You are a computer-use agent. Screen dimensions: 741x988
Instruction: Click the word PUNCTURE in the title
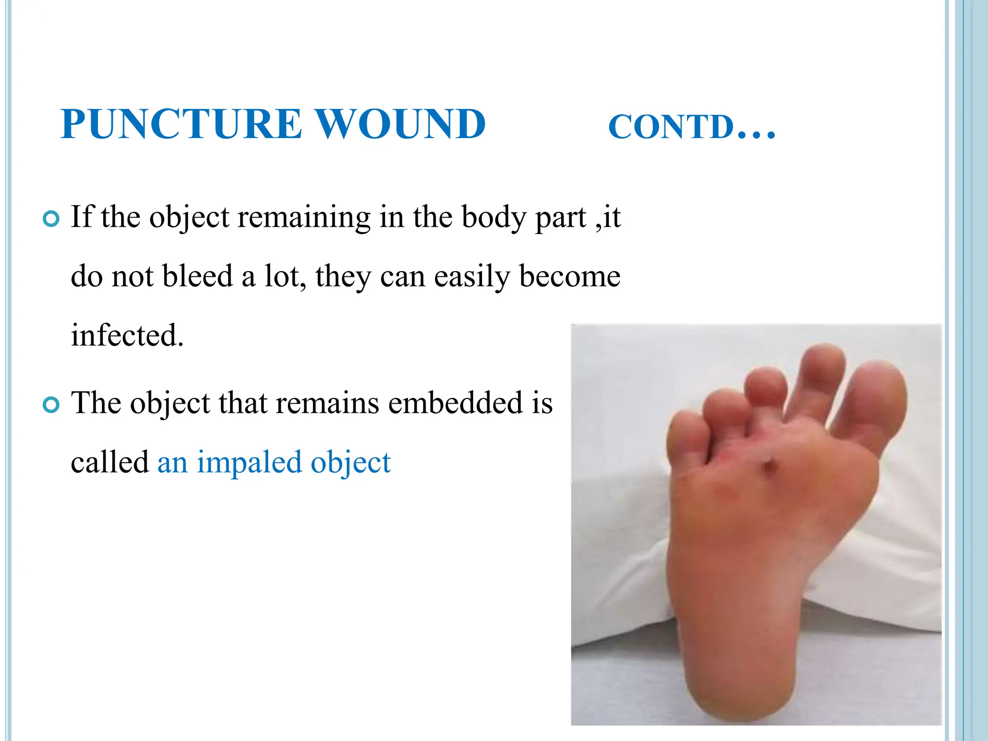point(181,124)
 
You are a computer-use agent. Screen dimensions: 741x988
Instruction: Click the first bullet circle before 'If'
point(51,219)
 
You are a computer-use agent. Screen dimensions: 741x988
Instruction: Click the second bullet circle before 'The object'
point(51,405)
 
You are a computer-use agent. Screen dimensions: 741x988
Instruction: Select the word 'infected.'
point(127,335)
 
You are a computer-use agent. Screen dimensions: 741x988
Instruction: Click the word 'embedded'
point(455,403)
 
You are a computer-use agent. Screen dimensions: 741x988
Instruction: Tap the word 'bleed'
point(198,276)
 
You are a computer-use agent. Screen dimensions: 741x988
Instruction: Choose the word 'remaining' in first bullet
point(304,217)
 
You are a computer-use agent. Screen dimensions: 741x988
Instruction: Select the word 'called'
point(110,462)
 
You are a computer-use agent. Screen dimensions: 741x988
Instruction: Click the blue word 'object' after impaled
point(350,462)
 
